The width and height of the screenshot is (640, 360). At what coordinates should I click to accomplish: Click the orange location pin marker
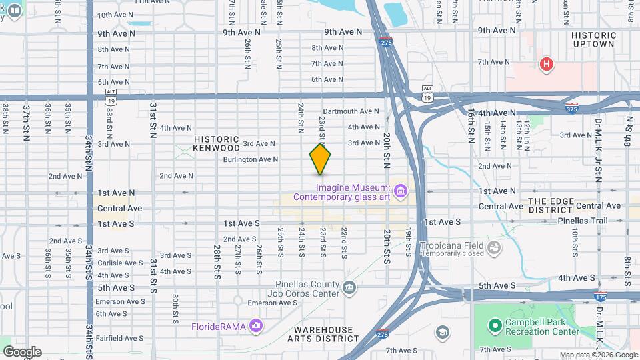[321, 159]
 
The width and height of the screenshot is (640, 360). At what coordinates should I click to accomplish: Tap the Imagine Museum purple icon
[401, 192]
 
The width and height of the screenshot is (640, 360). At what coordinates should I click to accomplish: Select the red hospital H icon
[547, 65]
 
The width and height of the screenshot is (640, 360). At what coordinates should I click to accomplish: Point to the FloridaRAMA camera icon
[255, 325]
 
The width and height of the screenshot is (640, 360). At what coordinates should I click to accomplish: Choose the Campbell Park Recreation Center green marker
[495, 326]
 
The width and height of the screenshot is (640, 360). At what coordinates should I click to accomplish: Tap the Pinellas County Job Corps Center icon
[349, 287]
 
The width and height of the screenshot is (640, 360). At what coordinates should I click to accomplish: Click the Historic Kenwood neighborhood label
[216, 143]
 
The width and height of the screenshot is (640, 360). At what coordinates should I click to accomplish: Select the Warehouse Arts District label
[325, 335]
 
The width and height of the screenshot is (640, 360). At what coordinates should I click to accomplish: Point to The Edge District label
[551, 205]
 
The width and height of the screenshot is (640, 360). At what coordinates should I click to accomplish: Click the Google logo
[22, 351]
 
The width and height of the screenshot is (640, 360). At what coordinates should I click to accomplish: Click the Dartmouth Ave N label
[351, 111]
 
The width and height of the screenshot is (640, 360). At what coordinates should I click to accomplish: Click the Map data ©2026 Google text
[598, 355]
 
